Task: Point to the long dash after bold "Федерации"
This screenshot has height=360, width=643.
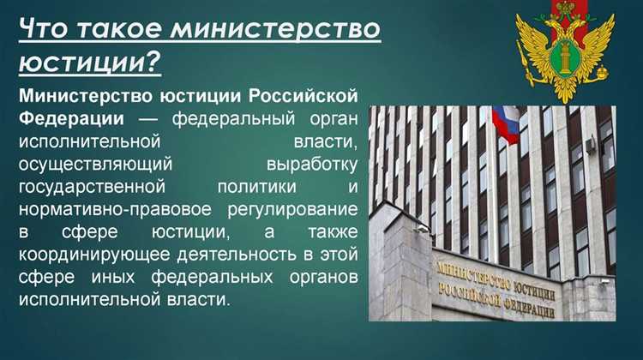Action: tap(147, 118)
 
